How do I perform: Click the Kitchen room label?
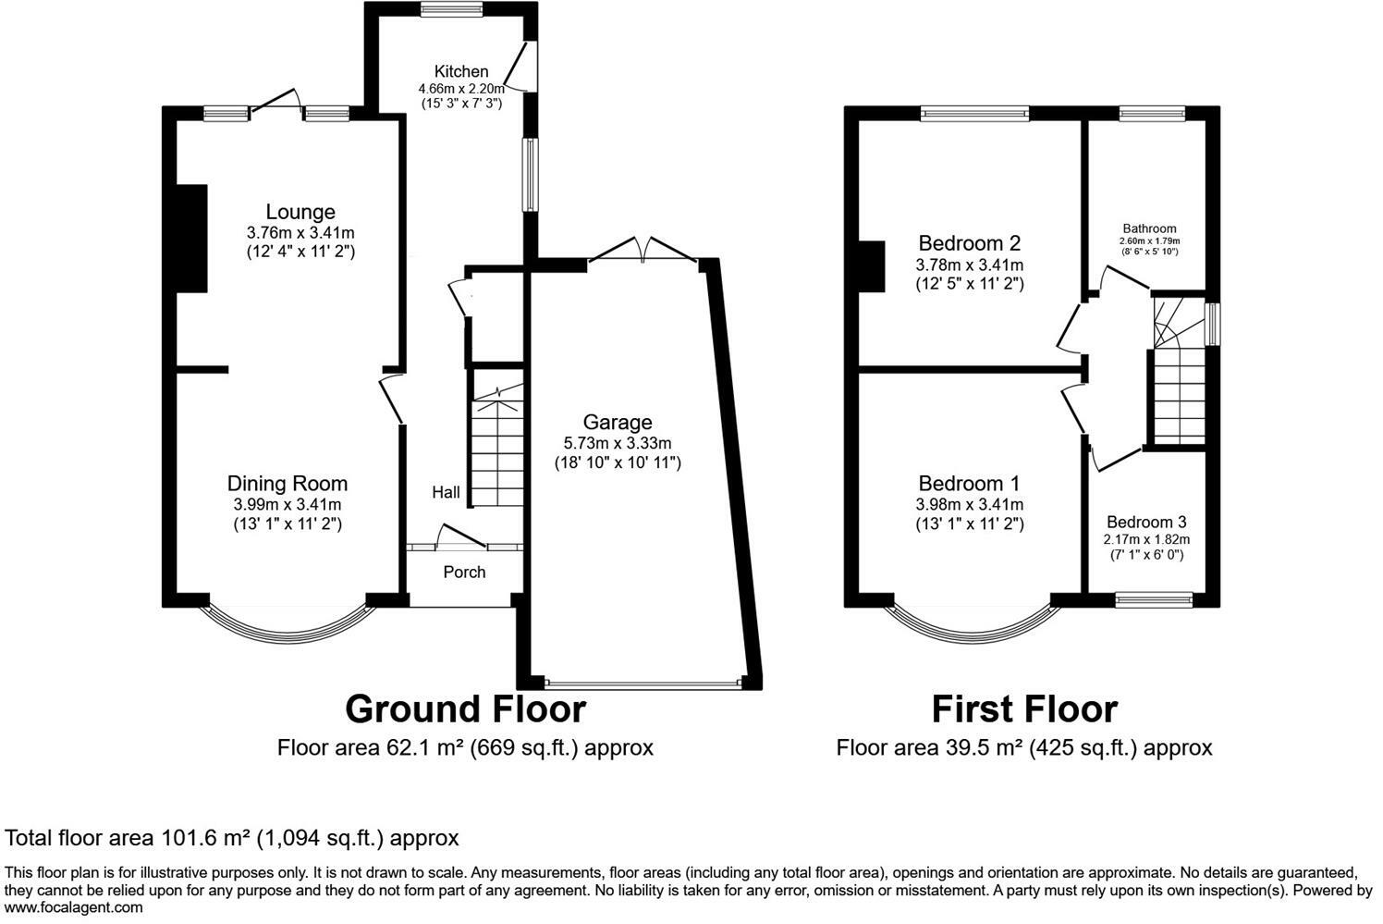461,71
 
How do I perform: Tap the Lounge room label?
300,212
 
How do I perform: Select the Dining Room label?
288,483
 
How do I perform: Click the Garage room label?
617,422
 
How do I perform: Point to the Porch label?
464,572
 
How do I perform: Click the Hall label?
446,493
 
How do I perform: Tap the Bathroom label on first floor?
1149,228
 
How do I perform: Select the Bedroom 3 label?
1146,521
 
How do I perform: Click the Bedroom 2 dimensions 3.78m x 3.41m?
969,265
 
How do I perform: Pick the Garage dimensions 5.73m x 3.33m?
617,443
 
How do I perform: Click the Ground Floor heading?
465,709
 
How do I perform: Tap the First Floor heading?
1024,709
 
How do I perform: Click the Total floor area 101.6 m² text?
232,838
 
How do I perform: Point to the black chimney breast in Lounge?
191,239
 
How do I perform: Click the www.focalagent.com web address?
74,907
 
